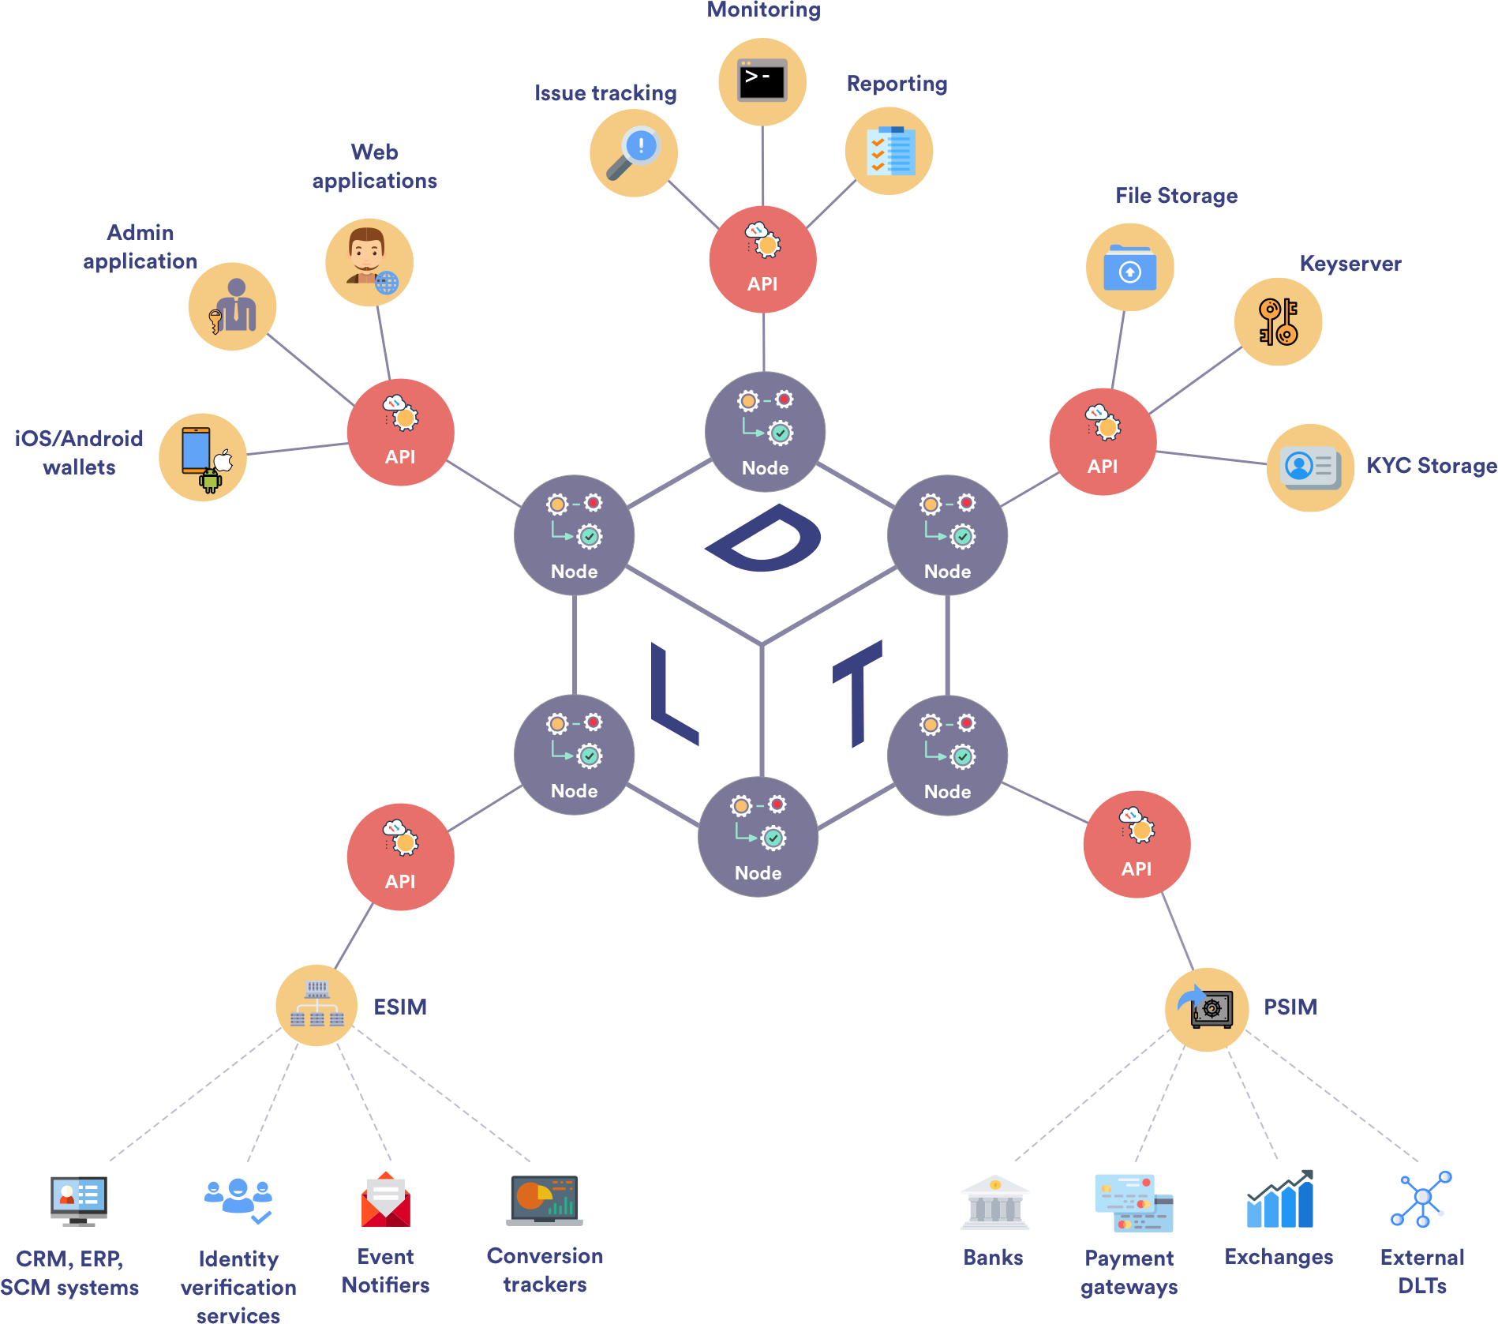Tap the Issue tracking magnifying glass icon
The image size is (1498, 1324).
(633, 153)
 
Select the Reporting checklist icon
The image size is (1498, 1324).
(889, 151)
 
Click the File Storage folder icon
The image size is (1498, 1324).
(1129, 268)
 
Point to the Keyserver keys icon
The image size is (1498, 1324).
(1278, 321)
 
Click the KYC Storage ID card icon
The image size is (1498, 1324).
(1310, 468)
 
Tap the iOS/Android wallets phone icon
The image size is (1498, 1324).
(203, 457)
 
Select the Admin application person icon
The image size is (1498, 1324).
(232, 306)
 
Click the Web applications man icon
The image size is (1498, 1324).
(369, 262)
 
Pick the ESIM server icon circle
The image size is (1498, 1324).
(316, 1005)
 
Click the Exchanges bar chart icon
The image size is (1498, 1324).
(1280, 1200)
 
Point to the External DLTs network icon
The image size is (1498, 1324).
(1421, 1199)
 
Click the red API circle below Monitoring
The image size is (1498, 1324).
(762, 260)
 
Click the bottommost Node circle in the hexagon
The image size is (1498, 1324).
(758, 837)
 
